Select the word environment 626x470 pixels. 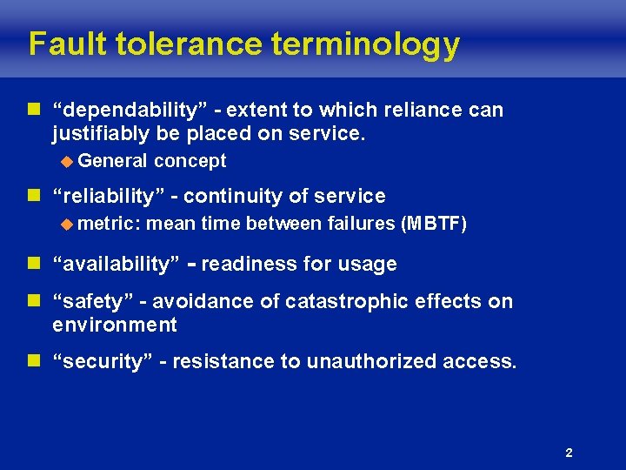tap(114, 326)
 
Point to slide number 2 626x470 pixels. tap(569, 453)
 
